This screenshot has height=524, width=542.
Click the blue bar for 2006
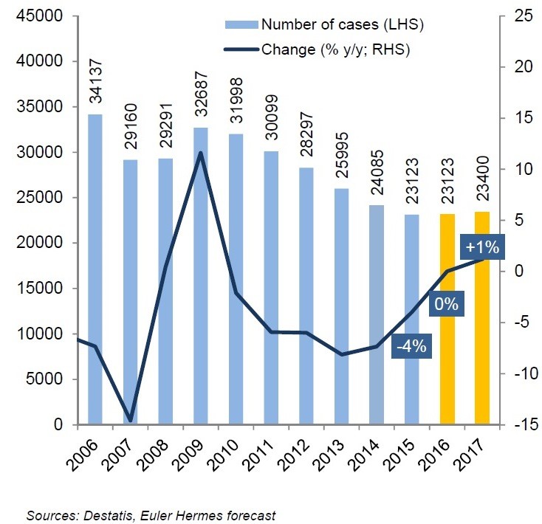pos(95,269)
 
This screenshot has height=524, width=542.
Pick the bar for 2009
pos(201,276)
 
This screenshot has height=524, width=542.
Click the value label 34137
pos(96,84)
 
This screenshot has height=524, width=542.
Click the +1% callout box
pos(481,247)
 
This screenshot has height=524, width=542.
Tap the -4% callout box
pos(411,345)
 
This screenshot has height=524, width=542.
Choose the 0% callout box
pos(447,303)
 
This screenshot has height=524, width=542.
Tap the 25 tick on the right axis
pos(521,16)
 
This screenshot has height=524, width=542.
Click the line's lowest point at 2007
pos(131,421)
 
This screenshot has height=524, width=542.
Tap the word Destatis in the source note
pos(89,515)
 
